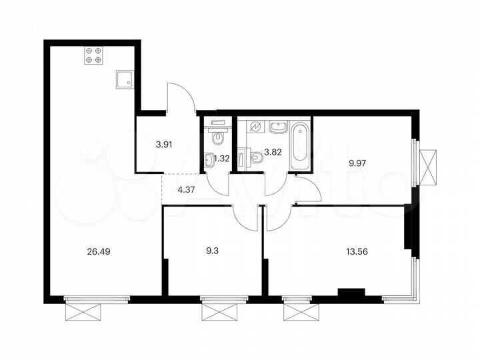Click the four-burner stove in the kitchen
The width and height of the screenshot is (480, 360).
pyautogui.click(x=93, y=55)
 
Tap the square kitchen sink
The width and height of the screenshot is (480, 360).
pyautogui.click(x=124, y=80)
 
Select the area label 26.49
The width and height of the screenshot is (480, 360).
pyautogui.click(x=97, y=251)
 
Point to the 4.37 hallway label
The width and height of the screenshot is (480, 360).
pyautogui.click(x=187, y=189)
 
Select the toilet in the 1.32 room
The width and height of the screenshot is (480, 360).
pyautogui.click(x=217, y=136)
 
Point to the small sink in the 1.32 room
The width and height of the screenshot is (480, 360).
pyautogui.click(x=209, y=158)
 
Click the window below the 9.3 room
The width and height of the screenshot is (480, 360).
pyautogui.click(x=220, y=310)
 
